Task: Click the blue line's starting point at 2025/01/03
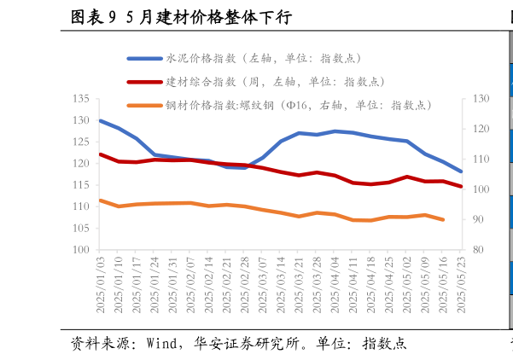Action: (101, 120)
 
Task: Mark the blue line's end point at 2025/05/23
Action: (461, 171)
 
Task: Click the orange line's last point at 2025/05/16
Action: (443, 220)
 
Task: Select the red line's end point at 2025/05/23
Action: (461, 186)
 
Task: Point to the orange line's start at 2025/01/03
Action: (101, 200)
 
